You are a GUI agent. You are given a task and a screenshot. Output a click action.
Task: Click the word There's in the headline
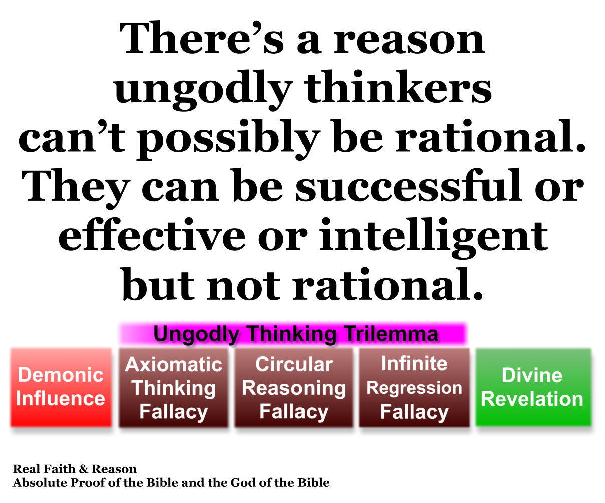pos(202,38)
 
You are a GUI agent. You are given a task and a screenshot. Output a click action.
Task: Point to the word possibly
pos(227,139)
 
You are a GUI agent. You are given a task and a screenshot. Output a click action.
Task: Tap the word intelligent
pos(434,238)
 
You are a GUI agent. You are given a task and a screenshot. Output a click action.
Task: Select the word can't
pos(72,136)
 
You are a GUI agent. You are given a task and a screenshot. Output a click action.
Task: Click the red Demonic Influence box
pos(61,387)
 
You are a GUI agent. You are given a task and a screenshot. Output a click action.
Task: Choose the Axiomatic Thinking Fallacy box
pos(174,388)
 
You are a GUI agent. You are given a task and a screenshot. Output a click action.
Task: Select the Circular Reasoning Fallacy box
pos(294,388)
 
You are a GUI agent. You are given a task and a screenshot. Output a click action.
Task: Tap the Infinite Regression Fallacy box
pos(414,388)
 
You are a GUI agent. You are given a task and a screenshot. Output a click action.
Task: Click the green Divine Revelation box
pos(533,387)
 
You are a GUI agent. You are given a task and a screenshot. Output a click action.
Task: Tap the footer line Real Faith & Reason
pos(75,469)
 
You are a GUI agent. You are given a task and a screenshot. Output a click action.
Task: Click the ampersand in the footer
pos(84,469)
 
